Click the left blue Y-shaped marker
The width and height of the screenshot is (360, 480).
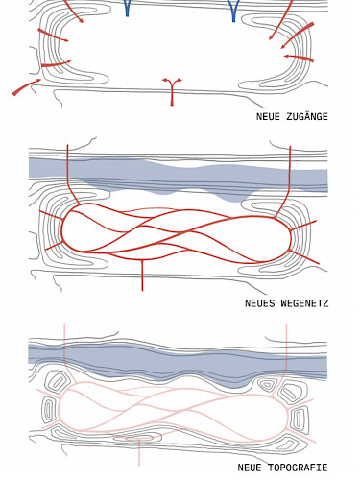[128, 9]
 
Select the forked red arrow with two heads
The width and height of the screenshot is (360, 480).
[172, 91]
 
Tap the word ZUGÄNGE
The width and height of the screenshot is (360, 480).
[307, 116]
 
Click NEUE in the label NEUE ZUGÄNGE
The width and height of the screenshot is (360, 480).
[268, 117]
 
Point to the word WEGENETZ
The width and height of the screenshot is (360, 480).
[304, 303]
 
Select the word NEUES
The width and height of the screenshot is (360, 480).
[260, 303]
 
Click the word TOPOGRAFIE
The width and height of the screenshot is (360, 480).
[298, 468]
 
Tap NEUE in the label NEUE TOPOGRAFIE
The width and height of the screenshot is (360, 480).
[250, 468]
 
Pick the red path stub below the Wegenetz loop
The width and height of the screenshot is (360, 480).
[142, 275]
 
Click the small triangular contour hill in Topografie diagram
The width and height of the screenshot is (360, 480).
[266, 384]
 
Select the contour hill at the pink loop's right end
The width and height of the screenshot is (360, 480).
[299, 420]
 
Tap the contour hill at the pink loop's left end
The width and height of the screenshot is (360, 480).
[49, 411]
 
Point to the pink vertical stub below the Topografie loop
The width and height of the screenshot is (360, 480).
[139, 452]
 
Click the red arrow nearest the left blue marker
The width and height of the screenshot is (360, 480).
[73, 12]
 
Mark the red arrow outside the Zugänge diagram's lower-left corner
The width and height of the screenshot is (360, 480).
[27, 86]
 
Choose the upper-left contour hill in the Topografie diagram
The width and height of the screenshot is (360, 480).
[58, 383]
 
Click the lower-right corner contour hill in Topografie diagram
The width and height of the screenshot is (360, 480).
[289, 444]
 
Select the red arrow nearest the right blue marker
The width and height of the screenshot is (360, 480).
[280, 20]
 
